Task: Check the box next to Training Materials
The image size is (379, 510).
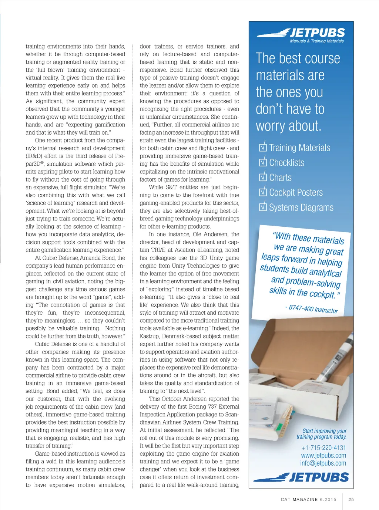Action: [263, 147]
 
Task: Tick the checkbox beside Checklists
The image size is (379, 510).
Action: [263, 162]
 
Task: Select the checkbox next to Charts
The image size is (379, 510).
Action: [263, 177]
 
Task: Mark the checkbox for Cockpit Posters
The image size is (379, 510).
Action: [263, 192]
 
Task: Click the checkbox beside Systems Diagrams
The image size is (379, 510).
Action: [263, 207]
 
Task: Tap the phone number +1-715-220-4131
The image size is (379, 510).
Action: [323, 448]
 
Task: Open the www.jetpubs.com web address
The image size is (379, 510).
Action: [323, 456]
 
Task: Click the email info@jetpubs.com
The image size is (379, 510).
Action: [323, 463]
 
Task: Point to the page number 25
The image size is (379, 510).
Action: [351, 499]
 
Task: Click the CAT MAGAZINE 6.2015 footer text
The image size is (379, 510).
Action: [308, 499]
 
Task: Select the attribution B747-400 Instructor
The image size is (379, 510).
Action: [312, 308]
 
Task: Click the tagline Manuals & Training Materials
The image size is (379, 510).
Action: [317, 41]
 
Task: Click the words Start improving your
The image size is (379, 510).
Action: [325, 431]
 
